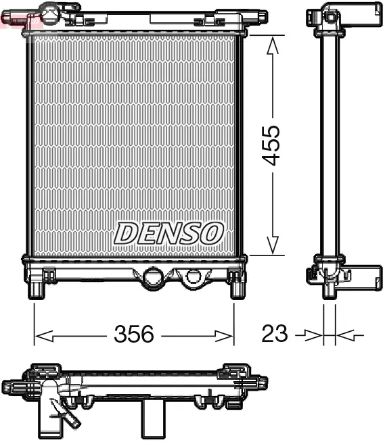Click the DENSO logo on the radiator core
coord(168,233)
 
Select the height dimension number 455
coord(272,145)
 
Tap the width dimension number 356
coord(133,334)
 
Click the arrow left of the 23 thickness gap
coord(314,334)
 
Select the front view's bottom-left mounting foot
coord(35,289)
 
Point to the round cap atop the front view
coord(51,10)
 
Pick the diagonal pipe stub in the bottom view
coord(67,412)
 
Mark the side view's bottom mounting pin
coord(329,289)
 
